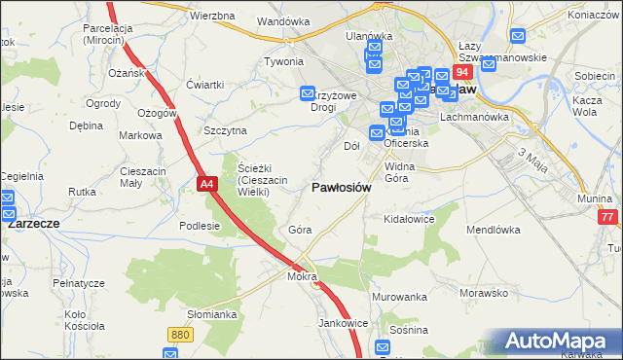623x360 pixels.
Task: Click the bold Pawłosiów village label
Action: click(341, 188)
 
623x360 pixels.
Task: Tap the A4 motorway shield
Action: click(206, 182)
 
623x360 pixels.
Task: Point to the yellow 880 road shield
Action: click(179, 335)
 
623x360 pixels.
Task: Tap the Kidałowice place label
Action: click(409, 220)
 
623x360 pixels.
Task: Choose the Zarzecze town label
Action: click(34, 223)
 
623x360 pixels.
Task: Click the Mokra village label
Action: click(303, 276)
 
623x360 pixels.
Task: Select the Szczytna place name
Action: click(225, 130)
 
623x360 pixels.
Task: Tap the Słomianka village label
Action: click(212, 314)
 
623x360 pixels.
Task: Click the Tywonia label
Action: click(284, 61)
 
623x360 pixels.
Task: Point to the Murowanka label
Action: click(399, 296)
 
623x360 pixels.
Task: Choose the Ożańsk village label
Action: click(127, 73)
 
